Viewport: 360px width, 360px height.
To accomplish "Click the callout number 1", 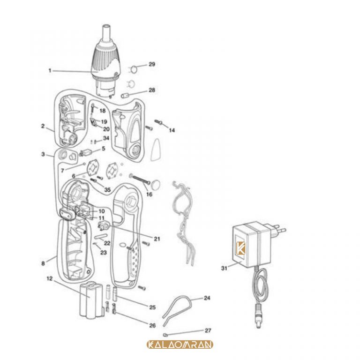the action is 50,70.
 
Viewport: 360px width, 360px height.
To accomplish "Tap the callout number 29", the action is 152,64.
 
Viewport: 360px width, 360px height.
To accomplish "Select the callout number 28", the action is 152,90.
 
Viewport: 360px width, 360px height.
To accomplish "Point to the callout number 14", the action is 172,130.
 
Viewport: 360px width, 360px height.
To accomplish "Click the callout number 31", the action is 224,268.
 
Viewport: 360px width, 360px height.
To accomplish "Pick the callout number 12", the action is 50,278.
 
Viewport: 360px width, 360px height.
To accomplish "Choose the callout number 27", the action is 208,330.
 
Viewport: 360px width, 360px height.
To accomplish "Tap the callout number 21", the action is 157,239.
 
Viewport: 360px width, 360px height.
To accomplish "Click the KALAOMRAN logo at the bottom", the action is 180,345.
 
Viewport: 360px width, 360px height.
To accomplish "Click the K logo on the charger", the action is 240,248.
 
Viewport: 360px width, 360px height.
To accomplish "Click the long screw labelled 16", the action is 140,179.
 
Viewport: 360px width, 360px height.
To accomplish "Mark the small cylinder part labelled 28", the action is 125,95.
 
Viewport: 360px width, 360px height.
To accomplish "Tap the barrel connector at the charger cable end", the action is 259,315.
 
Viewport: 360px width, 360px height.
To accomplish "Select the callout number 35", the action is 107,190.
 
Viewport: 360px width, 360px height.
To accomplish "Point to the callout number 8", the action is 43,263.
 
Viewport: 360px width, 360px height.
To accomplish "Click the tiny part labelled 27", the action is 165,335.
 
